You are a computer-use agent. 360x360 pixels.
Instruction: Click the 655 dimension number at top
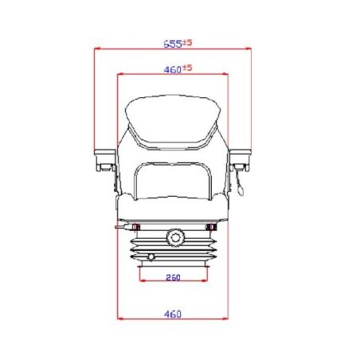coord(173,44)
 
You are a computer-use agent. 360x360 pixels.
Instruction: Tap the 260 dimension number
coord(173,278)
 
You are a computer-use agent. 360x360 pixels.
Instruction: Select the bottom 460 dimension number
coord(173,314)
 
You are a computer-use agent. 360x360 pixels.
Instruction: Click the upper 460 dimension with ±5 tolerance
coord(178,69)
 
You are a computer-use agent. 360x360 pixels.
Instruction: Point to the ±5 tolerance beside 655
coord(187,42)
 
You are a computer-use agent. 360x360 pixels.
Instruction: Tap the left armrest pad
coord(105,153)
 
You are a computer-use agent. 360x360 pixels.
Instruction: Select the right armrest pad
coord(241,153)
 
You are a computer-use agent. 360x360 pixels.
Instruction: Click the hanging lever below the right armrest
coord(239,183)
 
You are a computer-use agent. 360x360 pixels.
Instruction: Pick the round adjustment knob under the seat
coord(175,237)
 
